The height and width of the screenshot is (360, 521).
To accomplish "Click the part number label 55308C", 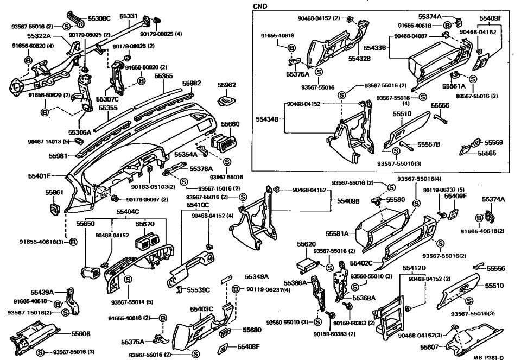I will (x=99, y=18).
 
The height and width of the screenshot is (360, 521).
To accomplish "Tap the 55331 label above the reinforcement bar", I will (x=129, y=16).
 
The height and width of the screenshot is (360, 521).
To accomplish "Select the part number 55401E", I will (x=40, y=176).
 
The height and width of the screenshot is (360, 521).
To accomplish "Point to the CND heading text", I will (x=260, y=6).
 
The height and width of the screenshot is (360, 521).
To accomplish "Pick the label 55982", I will (x=191, y=84).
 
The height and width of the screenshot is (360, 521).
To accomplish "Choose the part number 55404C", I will (x=128, y=212).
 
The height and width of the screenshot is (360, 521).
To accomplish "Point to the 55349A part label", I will (x=257, y=276).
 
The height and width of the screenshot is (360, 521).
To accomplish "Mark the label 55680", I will (x=252, y=330).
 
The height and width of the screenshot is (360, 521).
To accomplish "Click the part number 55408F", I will (x=249, y=346).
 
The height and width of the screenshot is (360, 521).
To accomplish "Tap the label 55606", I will (x=82, y=334).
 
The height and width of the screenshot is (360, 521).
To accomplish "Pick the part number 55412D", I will (x=414, y=268).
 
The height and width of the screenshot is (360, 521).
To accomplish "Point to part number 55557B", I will (x=428, y=144).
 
